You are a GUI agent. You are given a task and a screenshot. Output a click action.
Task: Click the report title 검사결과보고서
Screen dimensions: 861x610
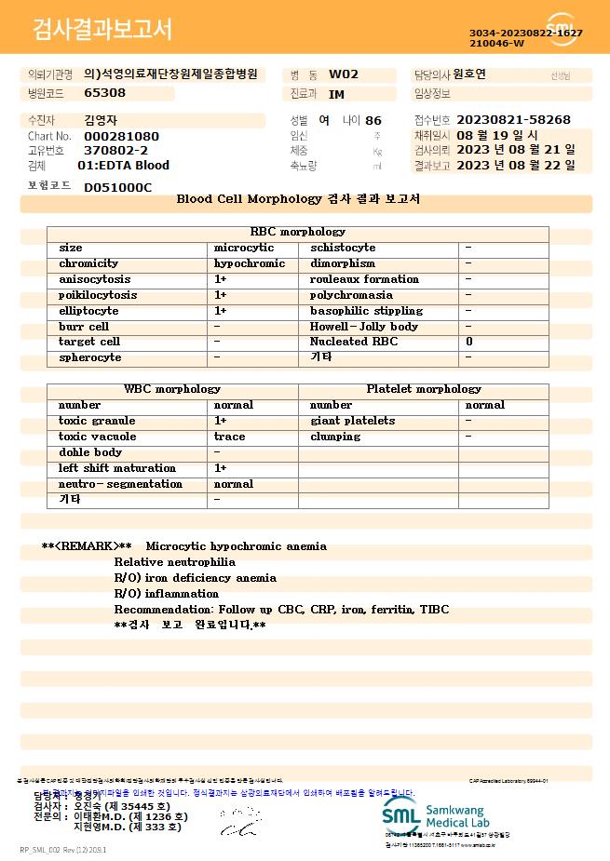102,30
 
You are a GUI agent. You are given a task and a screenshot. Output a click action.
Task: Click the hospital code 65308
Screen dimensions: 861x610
104,93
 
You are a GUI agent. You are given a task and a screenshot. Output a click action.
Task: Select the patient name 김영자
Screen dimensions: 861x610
102,120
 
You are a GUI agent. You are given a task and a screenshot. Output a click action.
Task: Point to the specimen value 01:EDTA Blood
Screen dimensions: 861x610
123,166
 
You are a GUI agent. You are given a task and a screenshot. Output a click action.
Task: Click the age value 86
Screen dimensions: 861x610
373,120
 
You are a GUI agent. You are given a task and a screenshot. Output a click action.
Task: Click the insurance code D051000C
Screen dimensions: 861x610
117,187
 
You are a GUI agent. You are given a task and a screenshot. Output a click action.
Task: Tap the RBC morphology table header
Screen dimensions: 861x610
298,232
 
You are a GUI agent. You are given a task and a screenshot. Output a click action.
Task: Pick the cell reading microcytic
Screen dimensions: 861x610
244,248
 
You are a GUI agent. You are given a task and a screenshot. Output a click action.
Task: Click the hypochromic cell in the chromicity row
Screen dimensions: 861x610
250,263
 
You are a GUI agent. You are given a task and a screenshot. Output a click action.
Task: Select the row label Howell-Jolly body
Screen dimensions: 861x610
364,327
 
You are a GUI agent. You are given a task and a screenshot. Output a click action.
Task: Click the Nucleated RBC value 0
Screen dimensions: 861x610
468,342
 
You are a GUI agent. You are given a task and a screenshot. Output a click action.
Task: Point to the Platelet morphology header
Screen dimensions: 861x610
424,389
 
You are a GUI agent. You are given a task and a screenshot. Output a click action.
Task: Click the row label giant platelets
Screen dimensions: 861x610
352,421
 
